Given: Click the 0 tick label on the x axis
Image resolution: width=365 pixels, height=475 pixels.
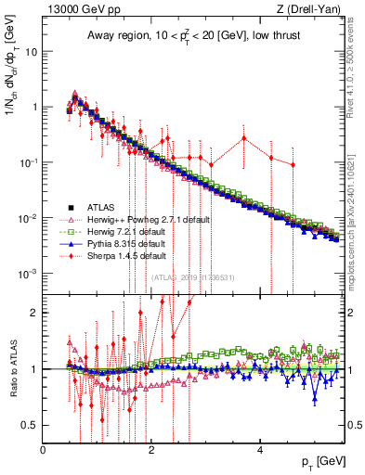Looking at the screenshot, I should point(44,450).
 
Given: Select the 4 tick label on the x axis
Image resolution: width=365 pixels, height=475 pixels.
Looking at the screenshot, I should point(260,450).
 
